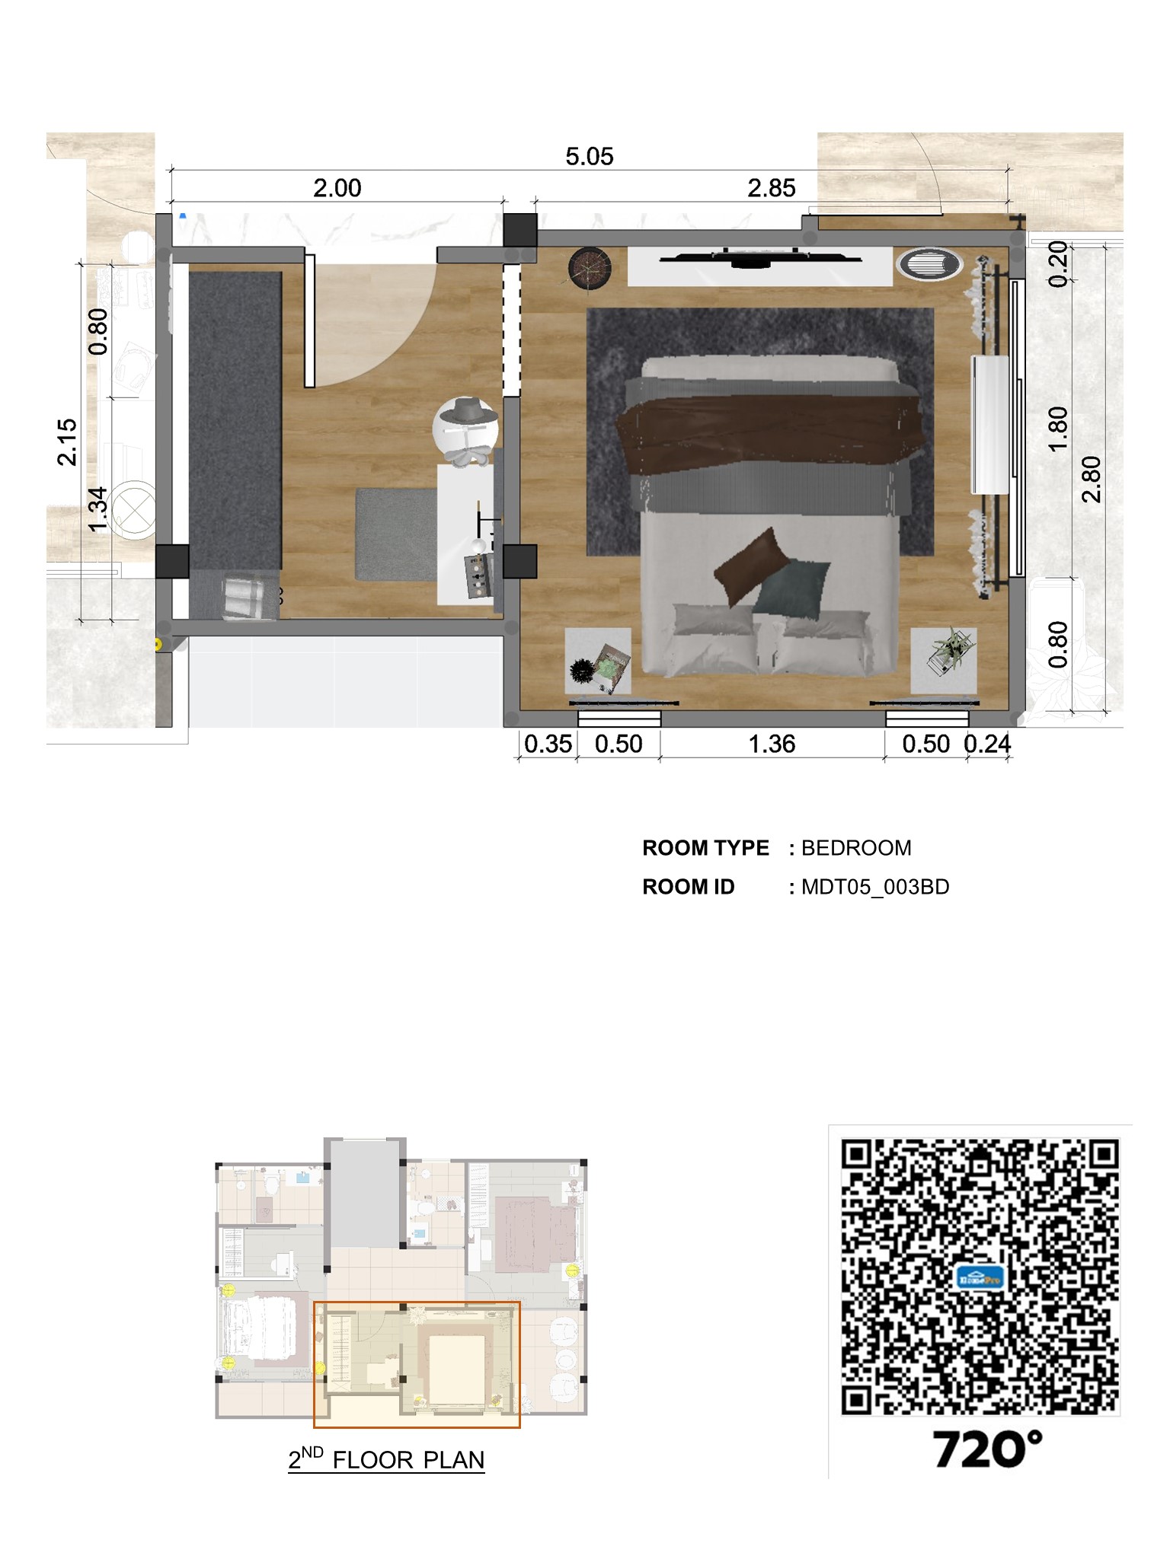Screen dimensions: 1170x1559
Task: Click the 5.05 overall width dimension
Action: [589, 157]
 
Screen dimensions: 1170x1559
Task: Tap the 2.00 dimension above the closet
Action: [337, 188]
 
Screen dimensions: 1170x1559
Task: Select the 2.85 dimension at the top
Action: [772, 188]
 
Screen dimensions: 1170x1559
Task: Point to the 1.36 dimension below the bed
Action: [772, 744]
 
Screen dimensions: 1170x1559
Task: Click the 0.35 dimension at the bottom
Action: [548, 744]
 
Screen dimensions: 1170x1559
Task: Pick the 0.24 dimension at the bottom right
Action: [987, 744]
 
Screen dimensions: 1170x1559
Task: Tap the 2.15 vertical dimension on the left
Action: [67, 442]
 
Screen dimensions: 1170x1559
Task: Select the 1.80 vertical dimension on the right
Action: [1058, 429]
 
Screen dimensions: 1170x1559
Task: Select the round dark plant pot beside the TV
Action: [590, 268]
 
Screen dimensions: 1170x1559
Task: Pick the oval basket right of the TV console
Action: [929, 265]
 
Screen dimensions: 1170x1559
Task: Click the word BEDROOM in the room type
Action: [856, 848]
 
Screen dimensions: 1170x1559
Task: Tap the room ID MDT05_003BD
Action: [875, 887]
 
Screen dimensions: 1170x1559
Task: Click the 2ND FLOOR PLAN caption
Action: [386, 1459]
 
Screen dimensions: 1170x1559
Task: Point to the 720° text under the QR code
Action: [987, 1449]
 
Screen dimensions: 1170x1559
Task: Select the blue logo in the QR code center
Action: [980, 1278]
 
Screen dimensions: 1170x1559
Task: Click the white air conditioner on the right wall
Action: [990, 425]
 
